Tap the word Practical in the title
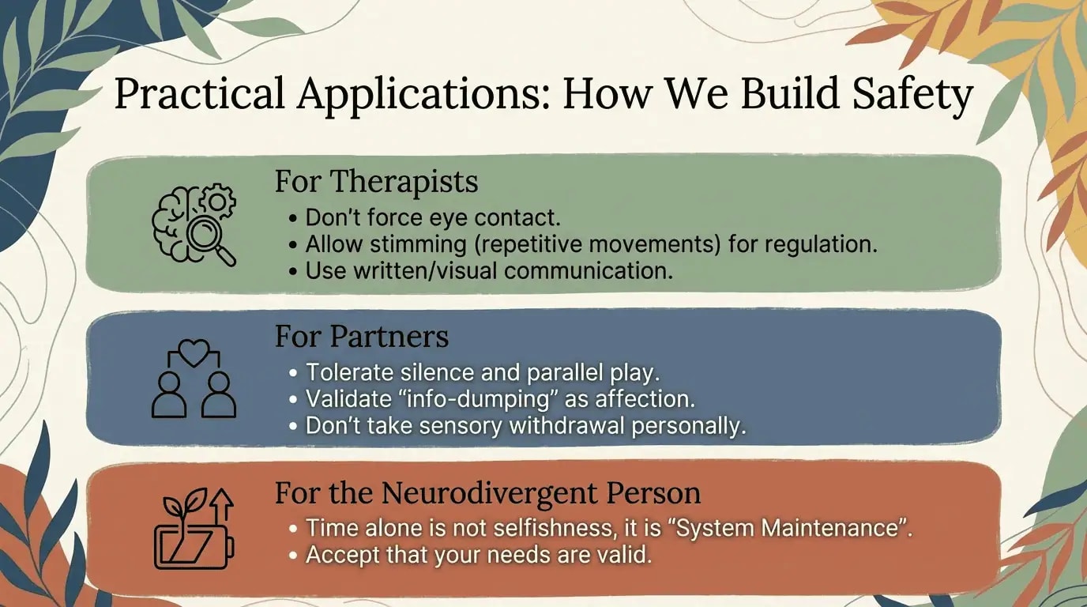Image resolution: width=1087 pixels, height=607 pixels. pos(199,92)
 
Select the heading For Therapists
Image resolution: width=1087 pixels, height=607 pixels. pos(377,182)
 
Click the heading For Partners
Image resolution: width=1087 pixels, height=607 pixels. pos(362,336)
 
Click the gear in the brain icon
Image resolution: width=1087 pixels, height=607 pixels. pos(218,201)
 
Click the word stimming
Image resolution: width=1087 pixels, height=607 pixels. pos(418,244)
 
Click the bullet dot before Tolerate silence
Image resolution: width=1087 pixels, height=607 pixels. pos(292,373)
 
